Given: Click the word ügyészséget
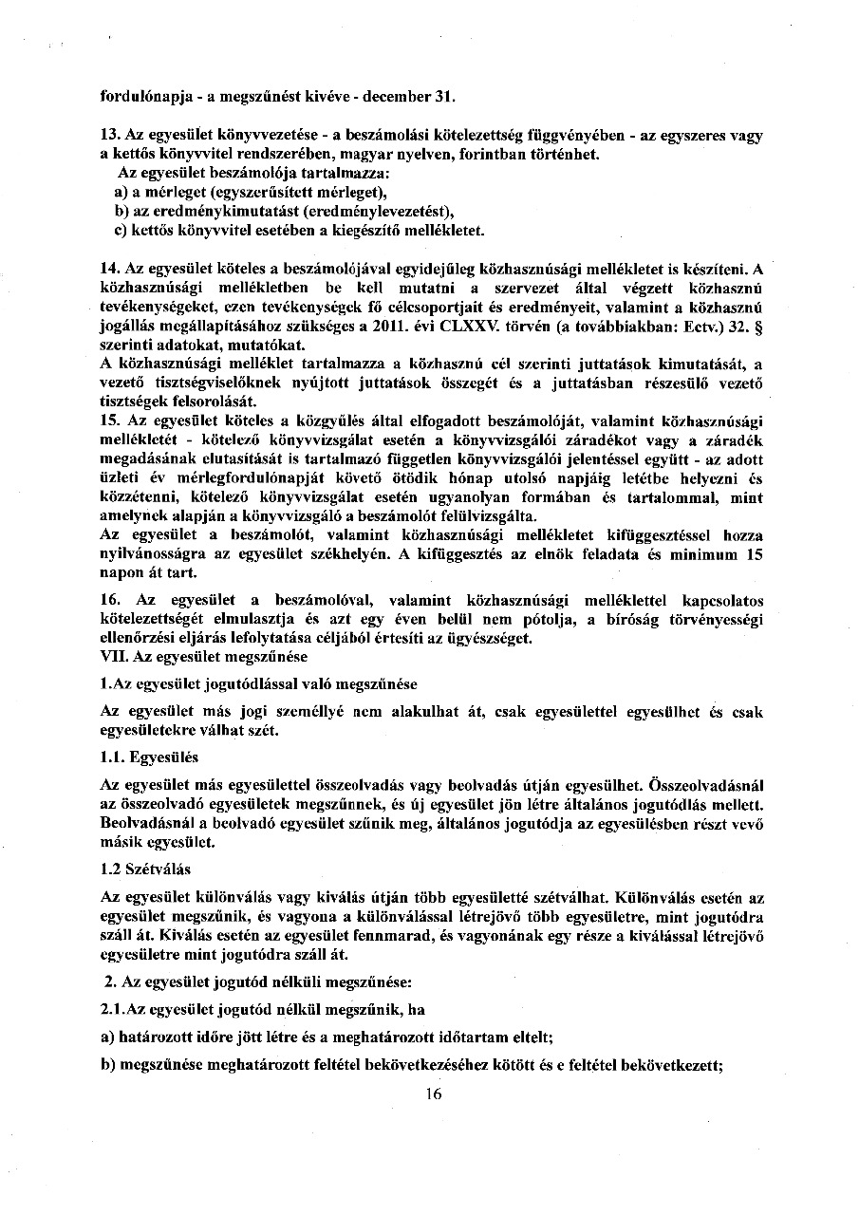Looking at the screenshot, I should coord(494,639).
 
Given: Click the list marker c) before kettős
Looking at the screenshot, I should coord(121,231).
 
